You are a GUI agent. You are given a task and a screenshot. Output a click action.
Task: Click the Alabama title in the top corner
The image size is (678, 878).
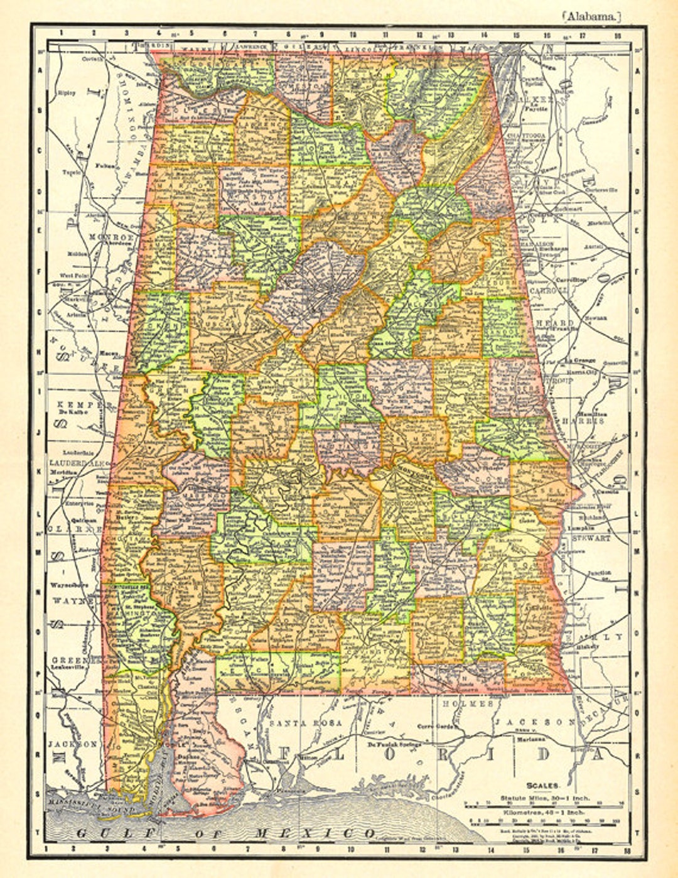tap(593, 18)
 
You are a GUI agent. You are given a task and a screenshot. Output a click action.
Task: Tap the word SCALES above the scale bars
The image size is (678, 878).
tap(543, 784)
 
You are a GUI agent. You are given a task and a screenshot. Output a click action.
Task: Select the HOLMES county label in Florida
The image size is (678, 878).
tap(468, 704)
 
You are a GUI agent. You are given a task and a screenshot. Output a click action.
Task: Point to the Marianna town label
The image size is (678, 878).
tap(530, 739)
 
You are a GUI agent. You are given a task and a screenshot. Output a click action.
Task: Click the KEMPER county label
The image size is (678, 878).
tap(77, 405)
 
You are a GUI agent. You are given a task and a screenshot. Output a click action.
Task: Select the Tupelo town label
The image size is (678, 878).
tap(67, 171)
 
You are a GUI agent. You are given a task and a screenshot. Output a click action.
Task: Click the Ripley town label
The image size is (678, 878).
tap(67, 93)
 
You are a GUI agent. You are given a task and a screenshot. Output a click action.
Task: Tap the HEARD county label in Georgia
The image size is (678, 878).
tap(546, 323)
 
